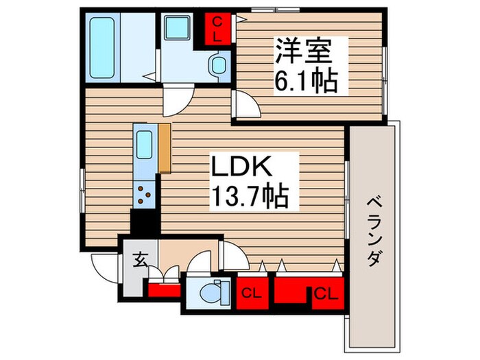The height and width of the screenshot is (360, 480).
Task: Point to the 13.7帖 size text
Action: tap(249, 198)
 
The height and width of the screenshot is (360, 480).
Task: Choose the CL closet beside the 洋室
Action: tap(217, 29)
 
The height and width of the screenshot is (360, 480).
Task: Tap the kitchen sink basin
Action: tap(145, 145)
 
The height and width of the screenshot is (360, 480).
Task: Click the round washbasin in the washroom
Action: tap(218, 66)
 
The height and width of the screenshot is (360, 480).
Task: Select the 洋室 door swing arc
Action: tap(245, 107)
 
